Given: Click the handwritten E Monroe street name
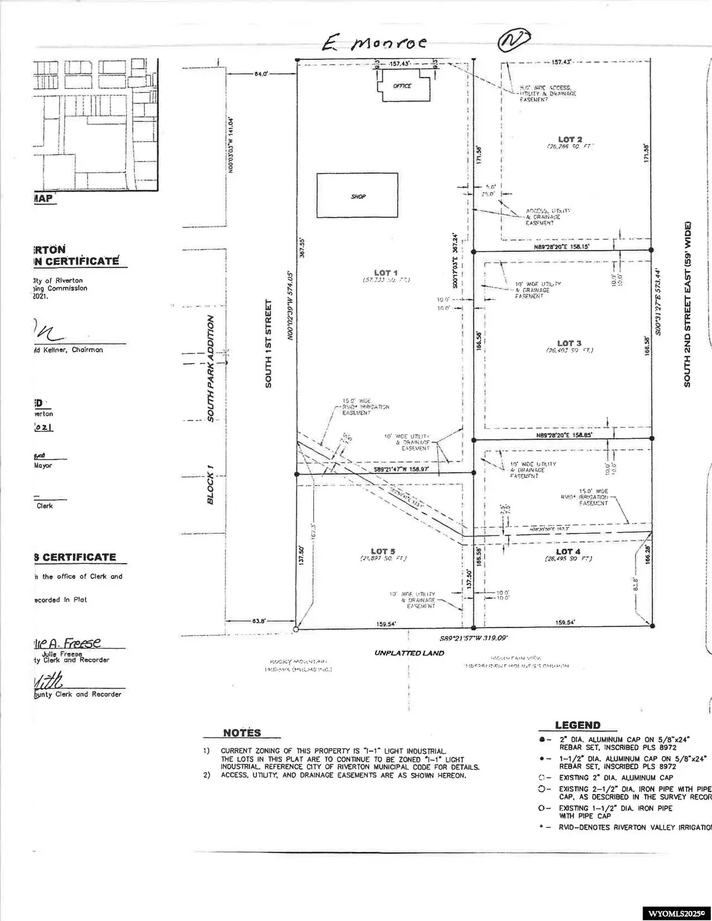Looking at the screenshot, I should (373, 43).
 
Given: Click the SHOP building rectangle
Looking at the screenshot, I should (357, 196).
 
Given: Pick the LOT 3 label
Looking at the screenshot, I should (568, 343).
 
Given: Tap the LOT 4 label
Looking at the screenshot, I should (568, 552).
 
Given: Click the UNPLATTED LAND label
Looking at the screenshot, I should (409, 653).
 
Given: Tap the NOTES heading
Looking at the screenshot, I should (241, 733).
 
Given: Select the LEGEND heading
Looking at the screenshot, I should (577, 725).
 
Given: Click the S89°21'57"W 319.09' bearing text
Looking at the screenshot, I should (473, 639).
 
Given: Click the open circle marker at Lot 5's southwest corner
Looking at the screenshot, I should (296, 627).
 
